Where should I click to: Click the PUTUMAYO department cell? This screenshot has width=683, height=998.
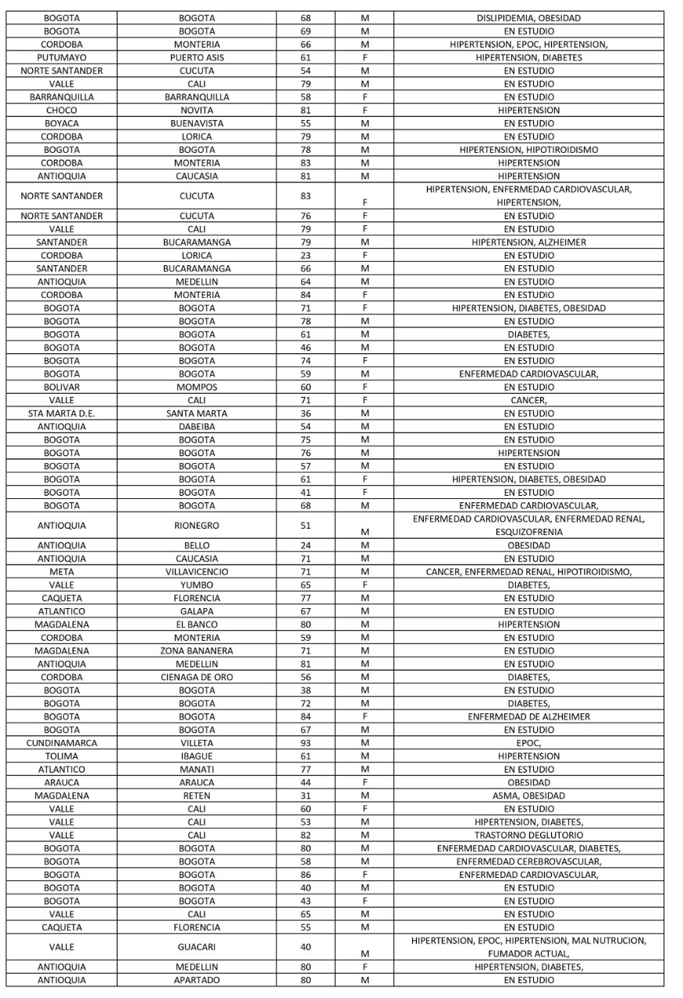point(62,57)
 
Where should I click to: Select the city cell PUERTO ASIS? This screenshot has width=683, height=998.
point(197,57)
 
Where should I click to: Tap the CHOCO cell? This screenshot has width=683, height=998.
point(62,110)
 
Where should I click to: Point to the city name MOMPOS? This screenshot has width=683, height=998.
point(197,387)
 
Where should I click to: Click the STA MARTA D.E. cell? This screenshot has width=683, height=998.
point(62,413)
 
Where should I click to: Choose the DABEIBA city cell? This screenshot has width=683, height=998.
point(197,426)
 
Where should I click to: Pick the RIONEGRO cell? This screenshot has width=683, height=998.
point(197,526)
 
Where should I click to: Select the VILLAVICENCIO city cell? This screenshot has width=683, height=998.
point(197,572)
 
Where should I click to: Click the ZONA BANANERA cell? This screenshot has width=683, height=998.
point(197,650)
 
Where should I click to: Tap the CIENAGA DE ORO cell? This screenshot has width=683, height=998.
point(197,677)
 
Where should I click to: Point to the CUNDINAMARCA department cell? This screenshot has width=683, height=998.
point(62,743)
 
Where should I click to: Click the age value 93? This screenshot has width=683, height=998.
point(305,743)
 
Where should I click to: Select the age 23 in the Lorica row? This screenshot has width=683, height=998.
point(305,255)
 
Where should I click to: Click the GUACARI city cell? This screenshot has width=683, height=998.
point(197,947)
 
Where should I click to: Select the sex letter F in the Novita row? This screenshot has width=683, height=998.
point(365,110)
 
